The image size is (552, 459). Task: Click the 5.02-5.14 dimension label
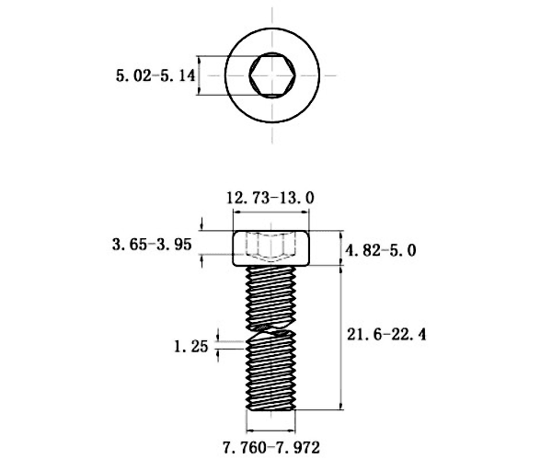click(x=155, y=75)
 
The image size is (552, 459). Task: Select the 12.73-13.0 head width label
click(x=270, y=198)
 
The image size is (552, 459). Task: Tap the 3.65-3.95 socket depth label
click(x=152, y=244)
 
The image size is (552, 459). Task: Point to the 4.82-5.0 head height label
click(x=381, y=250)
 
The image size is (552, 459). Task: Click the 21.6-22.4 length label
click(x=386, y=334)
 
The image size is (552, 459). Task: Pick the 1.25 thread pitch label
click(x=191, y=347)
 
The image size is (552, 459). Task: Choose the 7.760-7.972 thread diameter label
click(x=271, y=448)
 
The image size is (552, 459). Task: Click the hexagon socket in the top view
click(x=272, y=75)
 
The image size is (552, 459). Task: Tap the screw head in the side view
click(x=271, y=248)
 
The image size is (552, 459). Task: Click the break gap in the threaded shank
click(x=271, y=328)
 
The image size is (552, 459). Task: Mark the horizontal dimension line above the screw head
click(x=271, y=212)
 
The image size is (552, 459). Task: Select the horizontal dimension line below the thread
click(x=271, y=430)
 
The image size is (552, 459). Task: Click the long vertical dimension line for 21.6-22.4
click(x=340, y=338)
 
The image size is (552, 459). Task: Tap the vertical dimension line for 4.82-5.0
click(x=340, y=248)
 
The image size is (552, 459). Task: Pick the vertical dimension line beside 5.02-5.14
click(x=200, y=75)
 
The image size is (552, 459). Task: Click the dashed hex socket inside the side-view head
click(x=270, y=247)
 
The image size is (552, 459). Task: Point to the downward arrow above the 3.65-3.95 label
click(x=201, y=224)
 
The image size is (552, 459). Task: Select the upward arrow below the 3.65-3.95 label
click(x=201, y=261)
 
